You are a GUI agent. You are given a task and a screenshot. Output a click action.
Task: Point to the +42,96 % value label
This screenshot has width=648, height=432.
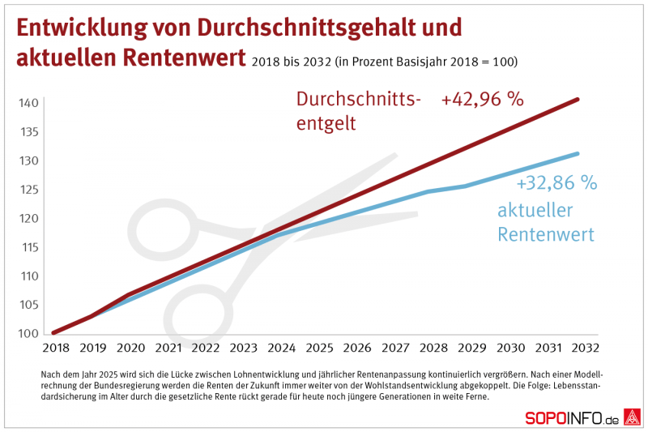tap(483, 101)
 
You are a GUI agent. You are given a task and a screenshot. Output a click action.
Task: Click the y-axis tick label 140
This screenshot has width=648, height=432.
tap(28, 104)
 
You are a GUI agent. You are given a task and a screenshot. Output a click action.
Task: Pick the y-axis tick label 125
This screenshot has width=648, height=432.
tap(28, 190)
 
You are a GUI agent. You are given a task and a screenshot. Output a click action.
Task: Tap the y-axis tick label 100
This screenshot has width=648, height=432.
tap(28, 334)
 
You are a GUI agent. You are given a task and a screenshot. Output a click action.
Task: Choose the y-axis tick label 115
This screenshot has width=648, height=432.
tap(28, 247)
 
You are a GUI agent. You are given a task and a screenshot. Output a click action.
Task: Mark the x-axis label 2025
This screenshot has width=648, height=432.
tap(318, 349)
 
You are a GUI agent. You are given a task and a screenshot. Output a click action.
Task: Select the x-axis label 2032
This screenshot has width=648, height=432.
tap(584, 349)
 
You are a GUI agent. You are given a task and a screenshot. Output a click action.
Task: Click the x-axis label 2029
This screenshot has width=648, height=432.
tap(471, 349)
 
